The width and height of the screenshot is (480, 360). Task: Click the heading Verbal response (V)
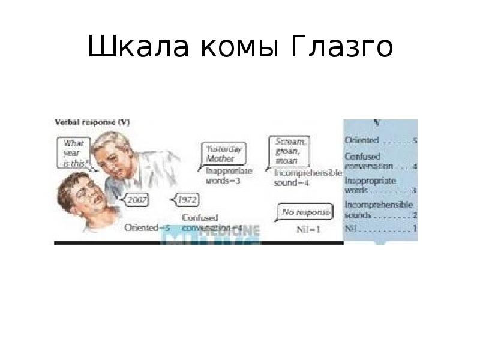pyautogui.click(x=92, y=122)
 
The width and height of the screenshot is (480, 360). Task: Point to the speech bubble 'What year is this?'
pyautogui.click(x=76, y=152)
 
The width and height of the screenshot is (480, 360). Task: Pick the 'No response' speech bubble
pyautogui.click(x=306, y=212)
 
